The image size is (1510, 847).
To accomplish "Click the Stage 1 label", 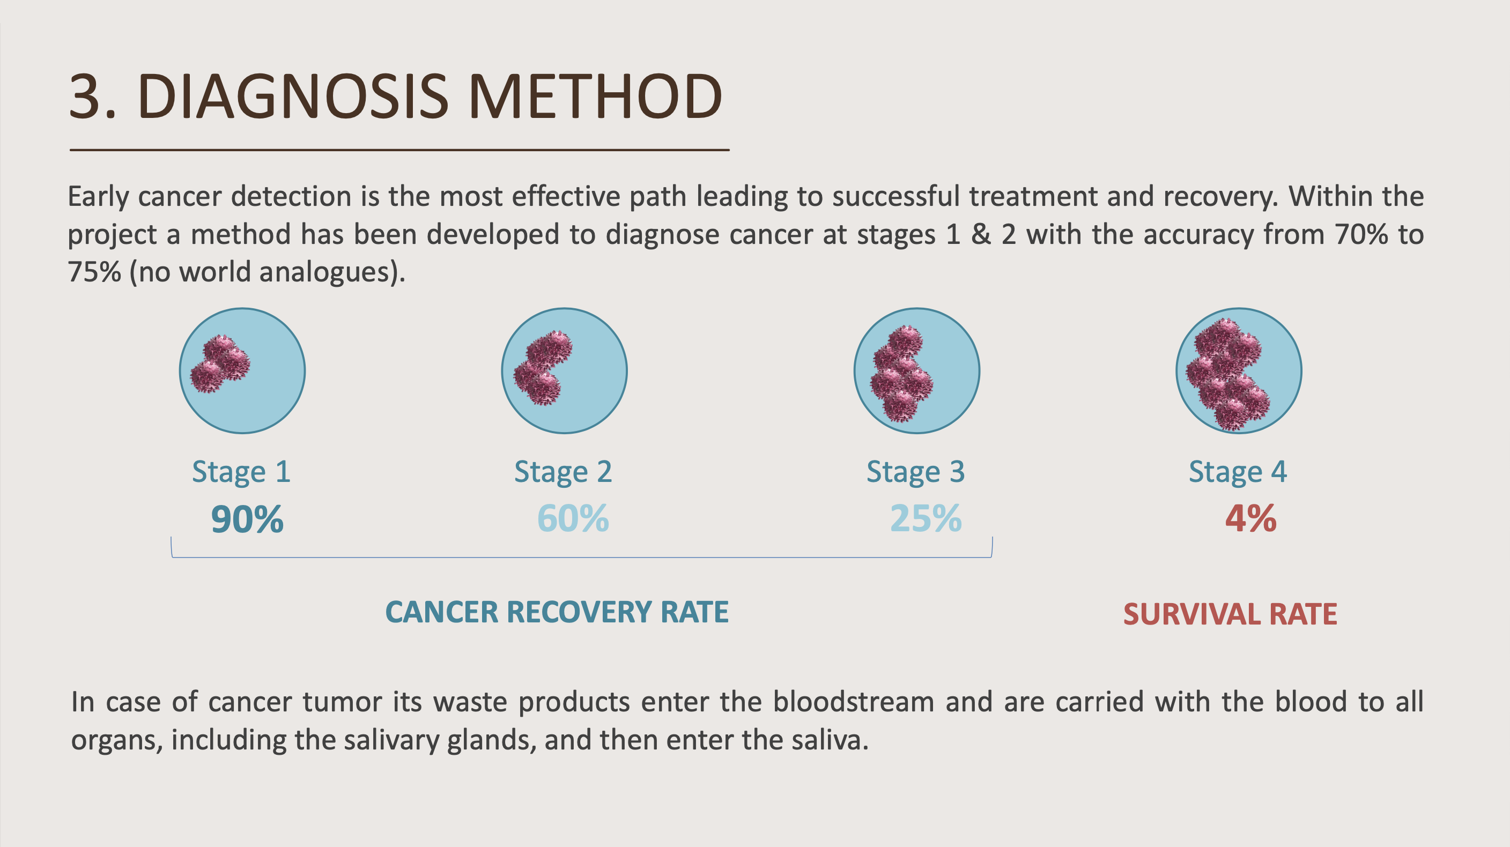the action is click(x=241, y=472).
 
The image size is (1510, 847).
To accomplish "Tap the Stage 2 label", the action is click(x=562, y=472).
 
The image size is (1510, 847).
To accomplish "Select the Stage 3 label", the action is click(x=915, y=472).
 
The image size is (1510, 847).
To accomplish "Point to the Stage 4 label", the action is click(x=1238, y=472).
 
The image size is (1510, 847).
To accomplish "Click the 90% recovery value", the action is click(x=247, y=519).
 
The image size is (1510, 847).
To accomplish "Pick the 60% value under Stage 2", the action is click(x=573, y=519).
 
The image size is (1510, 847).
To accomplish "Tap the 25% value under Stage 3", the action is click(x=926, y=519).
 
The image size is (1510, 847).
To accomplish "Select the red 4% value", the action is click(x=1250, y=519).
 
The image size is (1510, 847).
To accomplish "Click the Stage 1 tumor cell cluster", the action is click(x=220, y=364).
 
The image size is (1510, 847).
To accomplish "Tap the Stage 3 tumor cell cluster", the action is click(x=901, y=374).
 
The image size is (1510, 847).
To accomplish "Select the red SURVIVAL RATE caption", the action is click(x=1230, y=614).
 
